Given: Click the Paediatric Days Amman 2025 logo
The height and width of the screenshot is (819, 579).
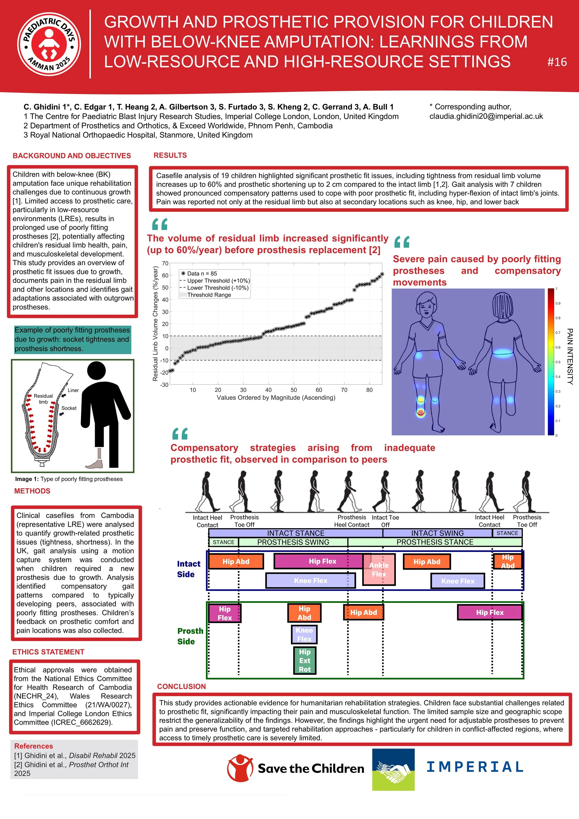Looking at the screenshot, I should [49, 44].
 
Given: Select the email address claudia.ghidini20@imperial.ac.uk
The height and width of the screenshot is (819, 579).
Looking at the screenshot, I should [486, 116].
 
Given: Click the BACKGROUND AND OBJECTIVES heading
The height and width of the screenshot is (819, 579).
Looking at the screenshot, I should [72, 156].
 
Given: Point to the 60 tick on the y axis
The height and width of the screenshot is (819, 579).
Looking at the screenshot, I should [165, 275].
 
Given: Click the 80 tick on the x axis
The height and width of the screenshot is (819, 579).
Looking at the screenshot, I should [369, 390].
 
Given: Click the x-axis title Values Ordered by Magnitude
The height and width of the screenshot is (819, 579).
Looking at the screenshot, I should [276, 398].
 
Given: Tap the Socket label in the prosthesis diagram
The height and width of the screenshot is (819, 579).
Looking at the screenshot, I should [69, 408].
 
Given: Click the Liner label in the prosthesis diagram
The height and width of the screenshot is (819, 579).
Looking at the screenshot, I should [73, 390].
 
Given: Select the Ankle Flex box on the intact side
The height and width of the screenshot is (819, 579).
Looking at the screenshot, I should [379, 570].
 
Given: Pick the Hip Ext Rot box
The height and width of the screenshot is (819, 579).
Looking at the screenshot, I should [305, 661].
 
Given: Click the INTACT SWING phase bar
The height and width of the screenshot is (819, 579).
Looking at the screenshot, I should [437, 533].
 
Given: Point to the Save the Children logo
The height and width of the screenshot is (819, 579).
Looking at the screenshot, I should [296, 768].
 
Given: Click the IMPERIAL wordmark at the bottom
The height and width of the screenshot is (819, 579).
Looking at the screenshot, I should [475, 767].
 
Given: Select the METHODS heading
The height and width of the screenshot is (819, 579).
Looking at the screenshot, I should [32, 491].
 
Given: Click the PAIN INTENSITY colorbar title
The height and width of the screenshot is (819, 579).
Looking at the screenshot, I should [570, 356].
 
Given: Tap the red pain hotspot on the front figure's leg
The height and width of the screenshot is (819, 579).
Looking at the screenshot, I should [421, 413].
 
